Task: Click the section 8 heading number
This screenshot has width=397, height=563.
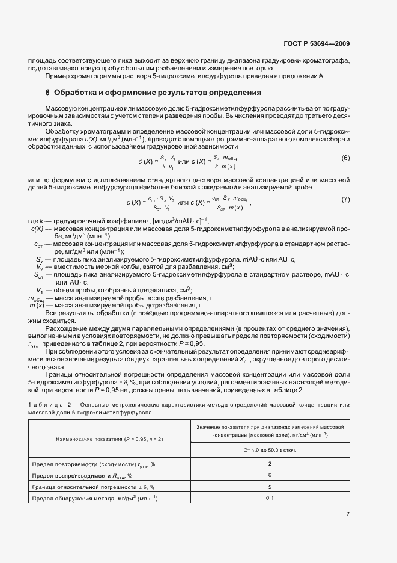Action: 47,93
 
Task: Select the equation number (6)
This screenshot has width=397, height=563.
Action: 345,158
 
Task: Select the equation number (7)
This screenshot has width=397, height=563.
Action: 345,199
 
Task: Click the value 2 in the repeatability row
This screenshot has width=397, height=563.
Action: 270,464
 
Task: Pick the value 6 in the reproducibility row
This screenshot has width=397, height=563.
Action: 270,475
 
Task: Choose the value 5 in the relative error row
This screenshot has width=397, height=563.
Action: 270,487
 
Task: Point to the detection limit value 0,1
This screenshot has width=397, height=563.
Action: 270,498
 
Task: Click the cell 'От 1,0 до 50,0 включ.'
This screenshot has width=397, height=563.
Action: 270,450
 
